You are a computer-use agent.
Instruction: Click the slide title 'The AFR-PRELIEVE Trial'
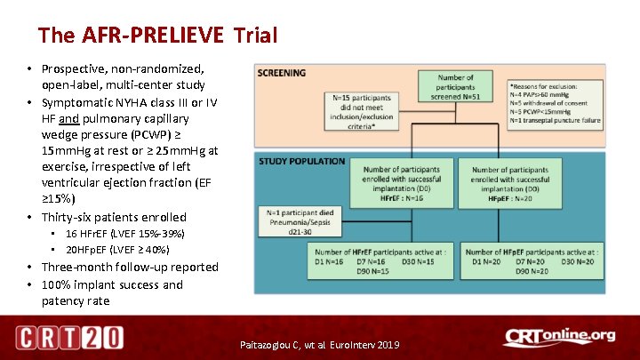(x=158, y=36)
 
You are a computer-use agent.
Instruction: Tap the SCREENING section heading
(x=283, y=73)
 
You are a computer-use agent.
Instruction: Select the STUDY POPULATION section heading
(x=302, y=162)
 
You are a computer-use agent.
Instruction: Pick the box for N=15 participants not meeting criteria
(x=365, y=111)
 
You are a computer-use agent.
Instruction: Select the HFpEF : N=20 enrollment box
(x=516, y=183)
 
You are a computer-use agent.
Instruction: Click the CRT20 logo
(x=69, y=338)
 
